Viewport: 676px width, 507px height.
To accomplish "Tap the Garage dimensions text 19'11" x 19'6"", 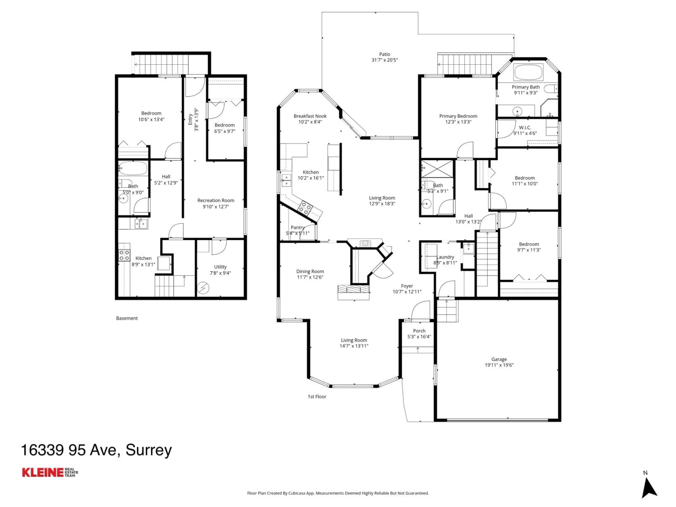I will click(x=499, y=365).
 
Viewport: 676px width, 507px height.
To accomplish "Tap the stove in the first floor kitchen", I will click(x=305, y=208).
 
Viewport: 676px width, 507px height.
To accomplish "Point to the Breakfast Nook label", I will click(x=310, y=116).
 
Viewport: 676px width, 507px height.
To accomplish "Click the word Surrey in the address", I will click(x=149, y=450).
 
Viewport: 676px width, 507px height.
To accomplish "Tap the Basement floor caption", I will click(x=127, y=318).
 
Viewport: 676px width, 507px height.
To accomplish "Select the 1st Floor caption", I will click(x=317, y=397).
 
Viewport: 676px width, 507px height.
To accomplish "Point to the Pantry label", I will click(x=297, y=227).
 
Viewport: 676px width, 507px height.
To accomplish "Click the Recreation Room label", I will click(x=216, y=201).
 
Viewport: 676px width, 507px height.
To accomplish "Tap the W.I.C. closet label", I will click(x=525, y=127).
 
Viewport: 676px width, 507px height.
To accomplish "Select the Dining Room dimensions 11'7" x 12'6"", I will click(x=310, y=277).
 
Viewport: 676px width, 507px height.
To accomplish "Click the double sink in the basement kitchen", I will click(x=141, y=224).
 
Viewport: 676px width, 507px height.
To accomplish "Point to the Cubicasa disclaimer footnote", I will click(x=338, y=493).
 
